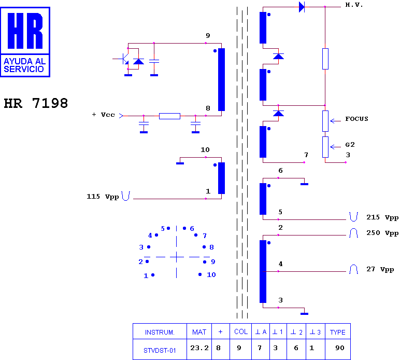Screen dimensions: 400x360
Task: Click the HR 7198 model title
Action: pos(36,103)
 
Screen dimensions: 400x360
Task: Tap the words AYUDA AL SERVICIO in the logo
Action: pos(24,65)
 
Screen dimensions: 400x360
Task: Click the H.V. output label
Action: pos(354,5)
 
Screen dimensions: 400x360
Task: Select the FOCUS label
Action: pos(356,119)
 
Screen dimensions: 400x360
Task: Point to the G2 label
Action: pos(350,145)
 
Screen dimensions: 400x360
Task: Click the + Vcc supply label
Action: pos(103,115)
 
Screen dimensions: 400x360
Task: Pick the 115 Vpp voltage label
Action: pos(103,197)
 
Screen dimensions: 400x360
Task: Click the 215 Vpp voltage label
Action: pos(382,217)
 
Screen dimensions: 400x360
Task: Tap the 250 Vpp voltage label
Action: pos(382,233)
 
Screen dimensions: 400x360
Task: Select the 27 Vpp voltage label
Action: pos(380,269)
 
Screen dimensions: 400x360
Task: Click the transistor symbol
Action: pos(122,59)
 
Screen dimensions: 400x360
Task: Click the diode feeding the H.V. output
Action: pos(302,7)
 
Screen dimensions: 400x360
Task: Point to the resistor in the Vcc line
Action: pos(169,116)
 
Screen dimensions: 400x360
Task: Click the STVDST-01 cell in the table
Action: pos(160,351)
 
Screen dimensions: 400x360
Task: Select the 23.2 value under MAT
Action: pos(199,348)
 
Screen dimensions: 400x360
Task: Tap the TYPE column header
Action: pos(337,332)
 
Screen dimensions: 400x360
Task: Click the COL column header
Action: pos(241,331)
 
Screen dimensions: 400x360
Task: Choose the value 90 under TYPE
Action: pos(340,348)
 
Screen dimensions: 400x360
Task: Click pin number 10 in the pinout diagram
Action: pos(211,275)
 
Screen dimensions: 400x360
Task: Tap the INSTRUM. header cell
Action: pos(160,332)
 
